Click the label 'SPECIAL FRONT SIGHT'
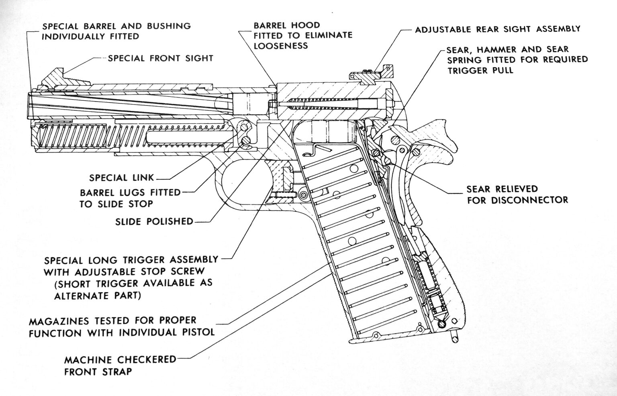coord(160,58)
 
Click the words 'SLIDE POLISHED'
coord(154,221)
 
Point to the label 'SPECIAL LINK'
coord(122,178)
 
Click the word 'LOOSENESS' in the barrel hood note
coord(281,45)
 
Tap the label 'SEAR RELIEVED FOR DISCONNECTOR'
coord(517,194)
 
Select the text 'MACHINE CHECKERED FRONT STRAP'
coord(120,365)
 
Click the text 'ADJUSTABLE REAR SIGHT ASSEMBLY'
coord(497,29)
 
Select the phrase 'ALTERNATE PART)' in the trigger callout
coord(97,296)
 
